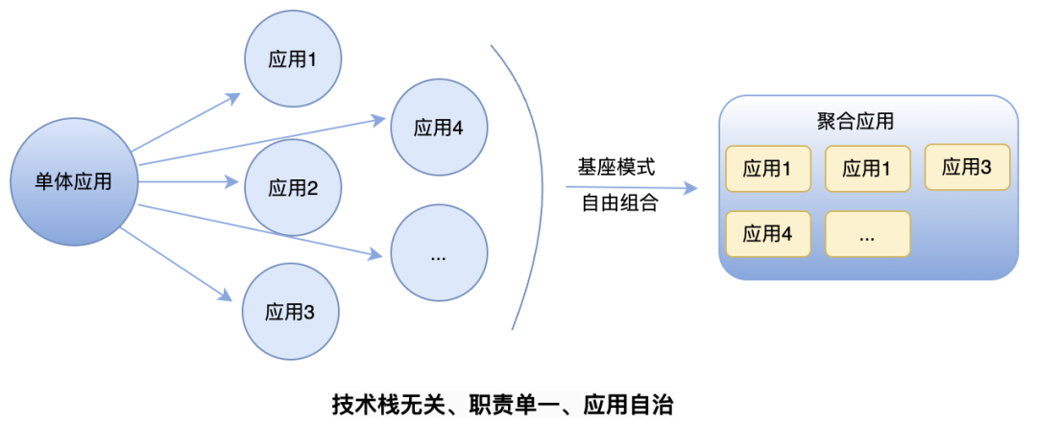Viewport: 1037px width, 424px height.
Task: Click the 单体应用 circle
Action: [x=73, y=181]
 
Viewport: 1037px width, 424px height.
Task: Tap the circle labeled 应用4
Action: [x=439, y=127]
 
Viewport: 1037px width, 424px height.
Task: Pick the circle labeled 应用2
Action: [x=293, y=187]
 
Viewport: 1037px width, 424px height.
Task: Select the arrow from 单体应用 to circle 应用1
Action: [x=187, y=122]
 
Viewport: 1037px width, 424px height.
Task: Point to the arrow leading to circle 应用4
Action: [x=259, y=141]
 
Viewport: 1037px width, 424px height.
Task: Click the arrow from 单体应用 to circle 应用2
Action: [x=188, y=180]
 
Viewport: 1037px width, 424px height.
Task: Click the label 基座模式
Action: [x=615, y=167]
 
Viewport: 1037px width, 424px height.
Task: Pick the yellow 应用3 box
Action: [x=967, y=167]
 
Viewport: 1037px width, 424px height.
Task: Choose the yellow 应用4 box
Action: [x=767, y=234]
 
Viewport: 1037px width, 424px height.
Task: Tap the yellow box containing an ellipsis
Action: [x=867, y=234]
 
